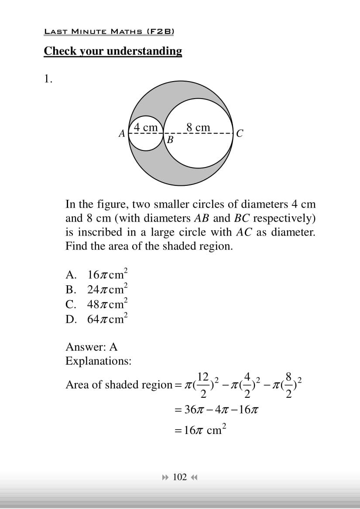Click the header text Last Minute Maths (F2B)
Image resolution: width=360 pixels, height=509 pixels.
[x=109, y=31]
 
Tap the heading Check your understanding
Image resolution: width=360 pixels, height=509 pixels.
[x=113, y=51]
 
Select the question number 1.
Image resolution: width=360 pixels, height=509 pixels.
[x=48, y=79]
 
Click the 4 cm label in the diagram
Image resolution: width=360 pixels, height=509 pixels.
[x=146, y=127]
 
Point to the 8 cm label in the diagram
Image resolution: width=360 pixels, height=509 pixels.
[x=198, y=127]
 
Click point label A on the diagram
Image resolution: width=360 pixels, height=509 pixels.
[x=122, y=133]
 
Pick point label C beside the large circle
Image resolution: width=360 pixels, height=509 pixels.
[x=240, y=133]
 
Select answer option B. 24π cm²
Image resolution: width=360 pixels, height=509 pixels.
[x=96, y=289]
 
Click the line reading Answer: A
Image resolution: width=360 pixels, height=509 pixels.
[x=91, y=347]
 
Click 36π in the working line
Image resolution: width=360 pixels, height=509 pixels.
[x=192, y=410]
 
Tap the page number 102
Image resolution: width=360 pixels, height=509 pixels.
[x=180, y=477]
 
